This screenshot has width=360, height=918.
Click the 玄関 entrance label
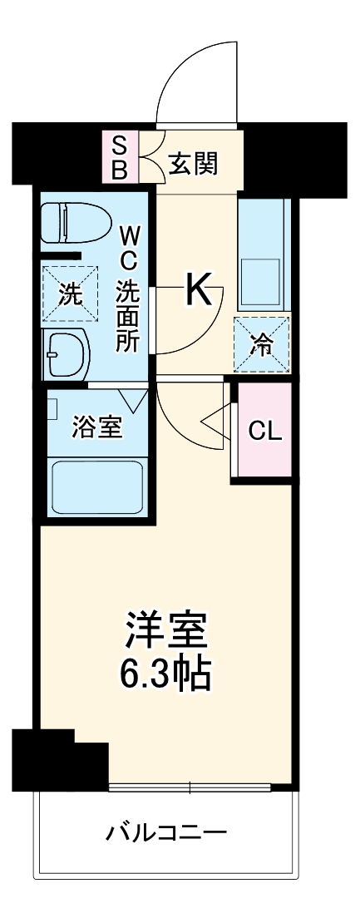(x=193, y=164)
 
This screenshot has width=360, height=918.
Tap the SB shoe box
(x=121, y=158)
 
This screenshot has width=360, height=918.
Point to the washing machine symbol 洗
(x=70, y=294)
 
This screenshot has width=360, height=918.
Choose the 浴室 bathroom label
(x=97, y=428)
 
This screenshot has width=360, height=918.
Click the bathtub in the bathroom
(x=98, y=487)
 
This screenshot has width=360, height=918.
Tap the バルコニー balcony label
(x=166, y=832)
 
